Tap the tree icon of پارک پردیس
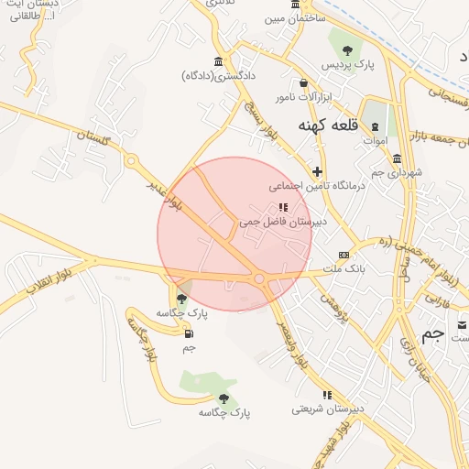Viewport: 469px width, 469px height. (x=347, y=51)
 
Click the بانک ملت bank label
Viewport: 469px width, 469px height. (x=344, y=269)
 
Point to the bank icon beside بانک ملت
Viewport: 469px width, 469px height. (x=344, y=256)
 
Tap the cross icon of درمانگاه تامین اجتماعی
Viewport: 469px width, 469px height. (x=317, y=171)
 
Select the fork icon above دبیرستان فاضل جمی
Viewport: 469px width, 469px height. (x=282, y=207)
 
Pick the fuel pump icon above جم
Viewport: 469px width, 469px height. (x=189, y=333)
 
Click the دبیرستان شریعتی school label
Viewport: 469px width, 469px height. (x=328, y=408)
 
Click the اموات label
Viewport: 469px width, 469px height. (x=375, y=141)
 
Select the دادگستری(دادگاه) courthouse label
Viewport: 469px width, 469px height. (x=218, y=75)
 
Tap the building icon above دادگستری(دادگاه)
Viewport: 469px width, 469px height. (x=218, y=61)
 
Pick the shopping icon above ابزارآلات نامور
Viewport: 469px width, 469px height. (x=303, y=82)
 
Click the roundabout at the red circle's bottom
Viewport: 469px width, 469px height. (x=259, y=278)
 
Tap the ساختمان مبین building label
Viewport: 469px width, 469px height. (x=295, y=17)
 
